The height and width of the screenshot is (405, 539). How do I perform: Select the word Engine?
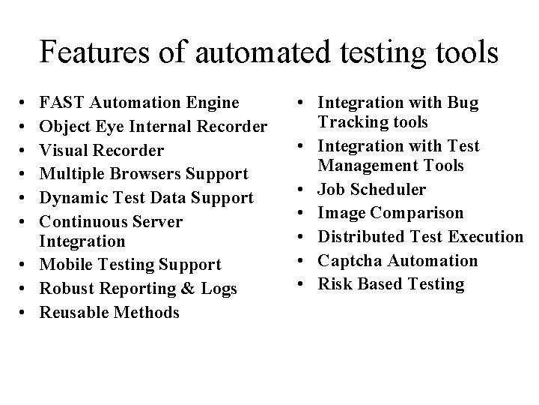click(213, 103)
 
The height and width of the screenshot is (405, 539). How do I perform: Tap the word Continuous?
click(82, 222)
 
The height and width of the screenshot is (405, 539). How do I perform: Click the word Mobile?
click(65, 265)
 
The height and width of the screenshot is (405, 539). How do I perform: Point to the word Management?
click(363, 165)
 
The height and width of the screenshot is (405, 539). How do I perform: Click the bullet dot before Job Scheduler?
click(305, 189)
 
